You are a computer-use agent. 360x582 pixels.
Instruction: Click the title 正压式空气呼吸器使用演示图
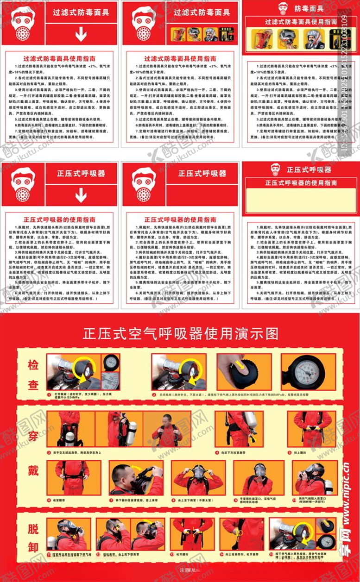(x=180, y=333)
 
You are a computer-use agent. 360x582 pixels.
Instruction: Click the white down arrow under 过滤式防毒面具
(x=81, y=33)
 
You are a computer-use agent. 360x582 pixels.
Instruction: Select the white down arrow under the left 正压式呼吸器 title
(x=81, y=195)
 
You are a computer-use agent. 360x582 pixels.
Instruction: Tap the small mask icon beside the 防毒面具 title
(x=283, y=8)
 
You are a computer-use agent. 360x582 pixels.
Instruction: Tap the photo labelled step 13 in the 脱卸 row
(x=192, y=533)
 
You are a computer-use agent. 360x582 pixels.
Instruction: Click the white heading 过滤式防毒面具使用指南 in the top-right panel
(x=301, y=22)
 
